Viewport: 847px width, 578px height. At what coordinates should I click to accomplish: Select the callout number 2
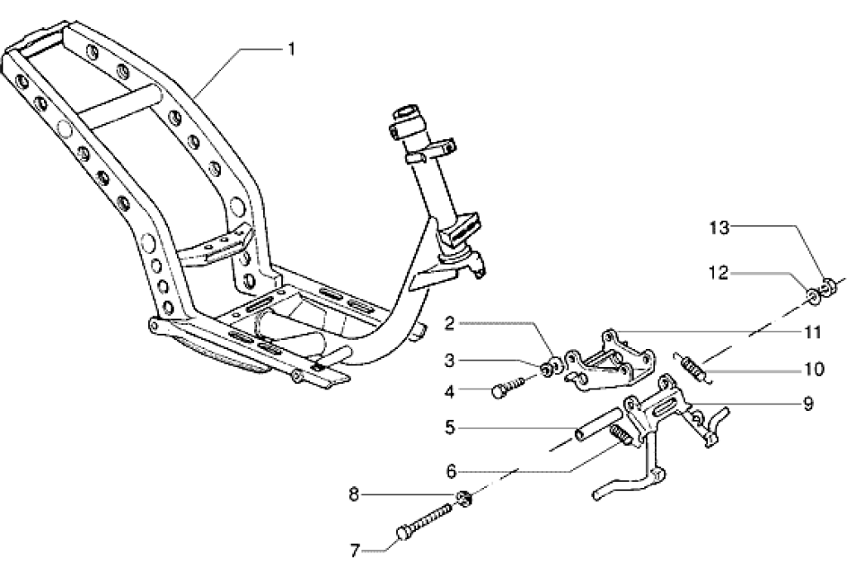[x=450, y=323]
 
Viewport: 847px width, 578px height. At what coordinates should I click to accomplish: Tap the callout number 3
[x=450, y=361]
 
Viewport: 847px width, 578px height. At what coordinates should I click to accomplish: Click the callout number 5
[x=450, y=428]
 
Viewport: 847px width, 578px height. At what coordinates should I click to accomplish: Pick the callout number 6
[x=450, y=471]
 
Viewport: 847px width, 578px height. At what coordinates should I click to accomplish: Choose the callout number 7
[x=354, y=548]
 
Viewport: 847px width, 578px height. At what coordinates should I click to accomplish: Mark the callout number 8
[x=354, y=496]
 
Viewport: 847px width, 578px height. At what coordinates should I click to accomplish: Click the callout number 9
[x=807, y=404]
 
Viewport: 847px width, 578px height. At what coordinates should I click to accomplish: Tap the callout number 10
[x=813, y=368]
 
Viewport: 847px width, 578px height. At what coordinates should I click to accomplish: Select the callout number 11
[x=812, y=332]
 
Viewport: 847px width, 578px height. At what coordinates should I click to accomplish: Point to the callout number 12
[x=718, y=273]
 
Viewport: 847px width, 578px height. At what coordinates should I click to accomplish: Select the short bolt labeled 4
[x=510, y=385]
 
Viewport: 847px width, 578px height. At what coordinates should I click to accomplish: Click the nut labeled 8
[x=465, y=497]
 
